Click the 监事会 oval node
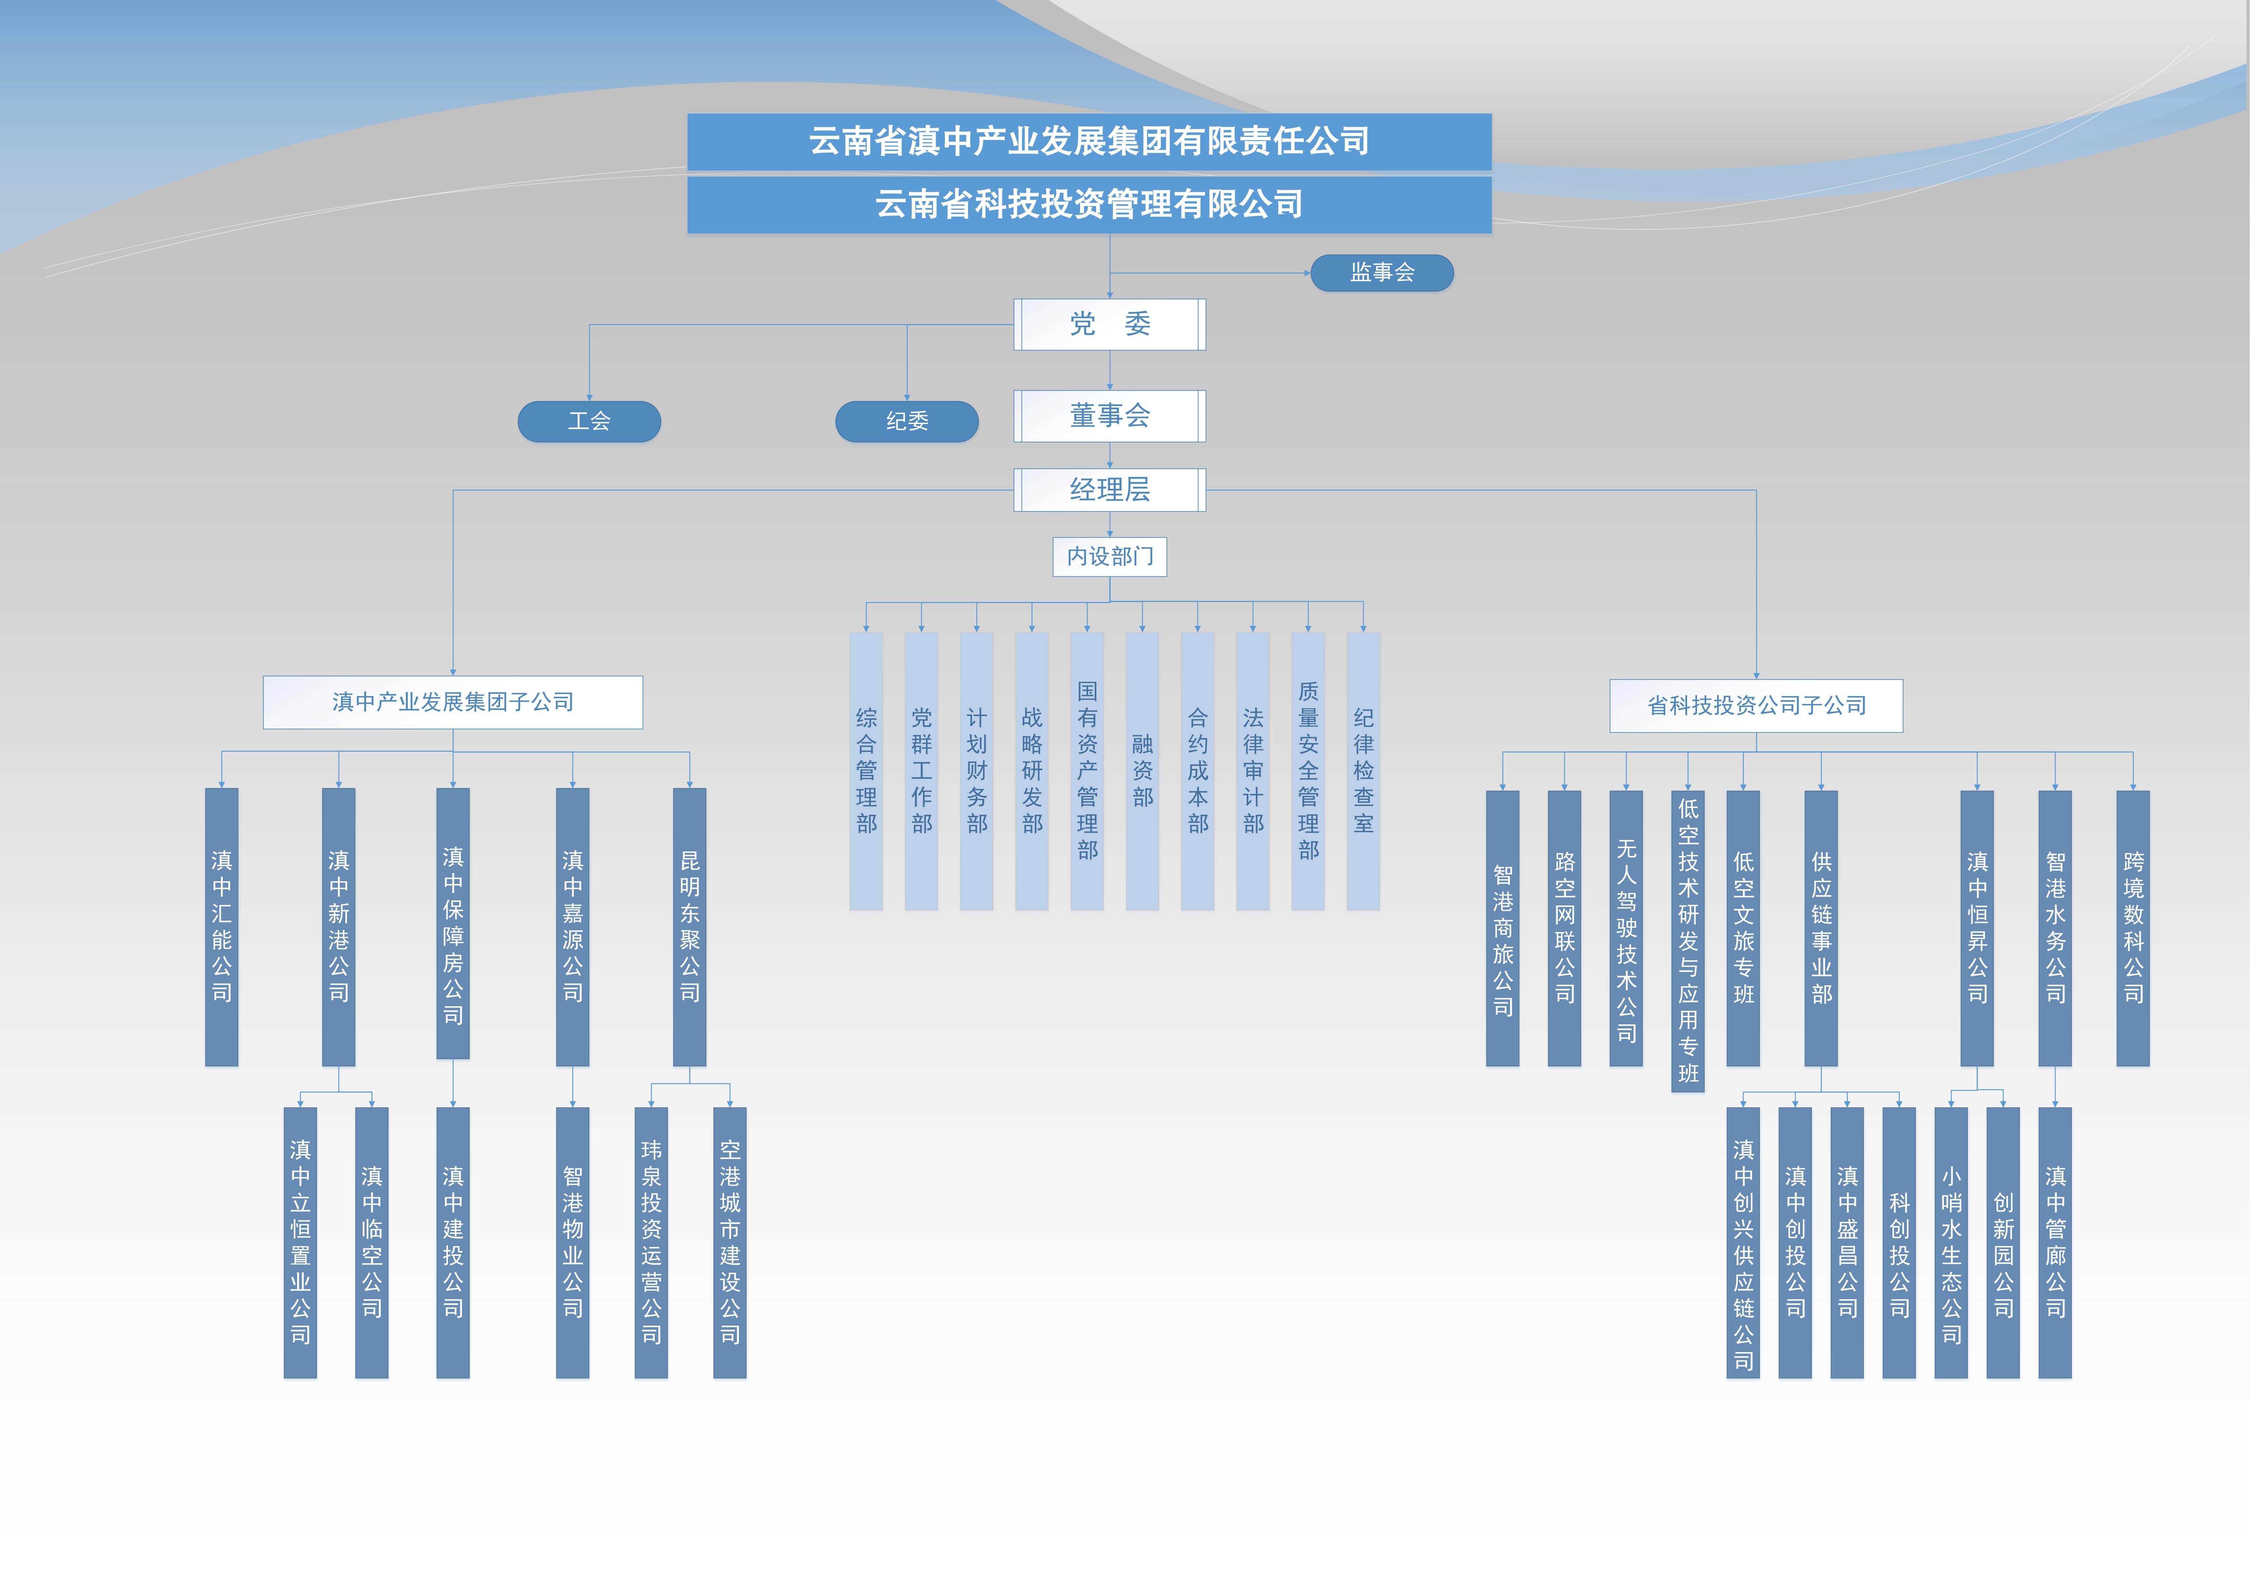1382,272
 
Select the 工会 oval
589,421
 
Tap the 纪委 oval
907,421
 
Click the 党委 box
1109,324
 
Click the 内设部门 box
1109,557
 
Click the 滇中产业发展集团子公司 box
453,702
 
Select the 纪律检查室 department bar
1363,770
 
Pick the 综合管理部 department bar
866,770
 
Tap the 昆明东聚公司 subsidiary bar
690,926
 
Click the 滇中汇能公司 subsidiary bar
222,926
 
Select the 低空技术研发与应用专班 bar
1687,941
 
